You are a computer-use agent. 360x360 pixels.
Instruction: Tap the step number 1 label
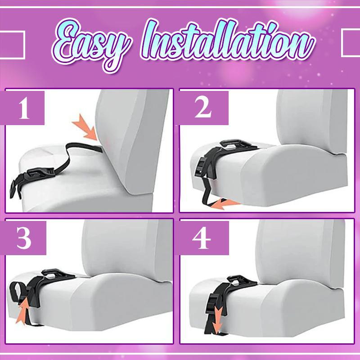point(24,108)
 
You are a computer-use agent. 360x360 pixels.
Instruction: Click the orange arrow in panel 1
point(86,128)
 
